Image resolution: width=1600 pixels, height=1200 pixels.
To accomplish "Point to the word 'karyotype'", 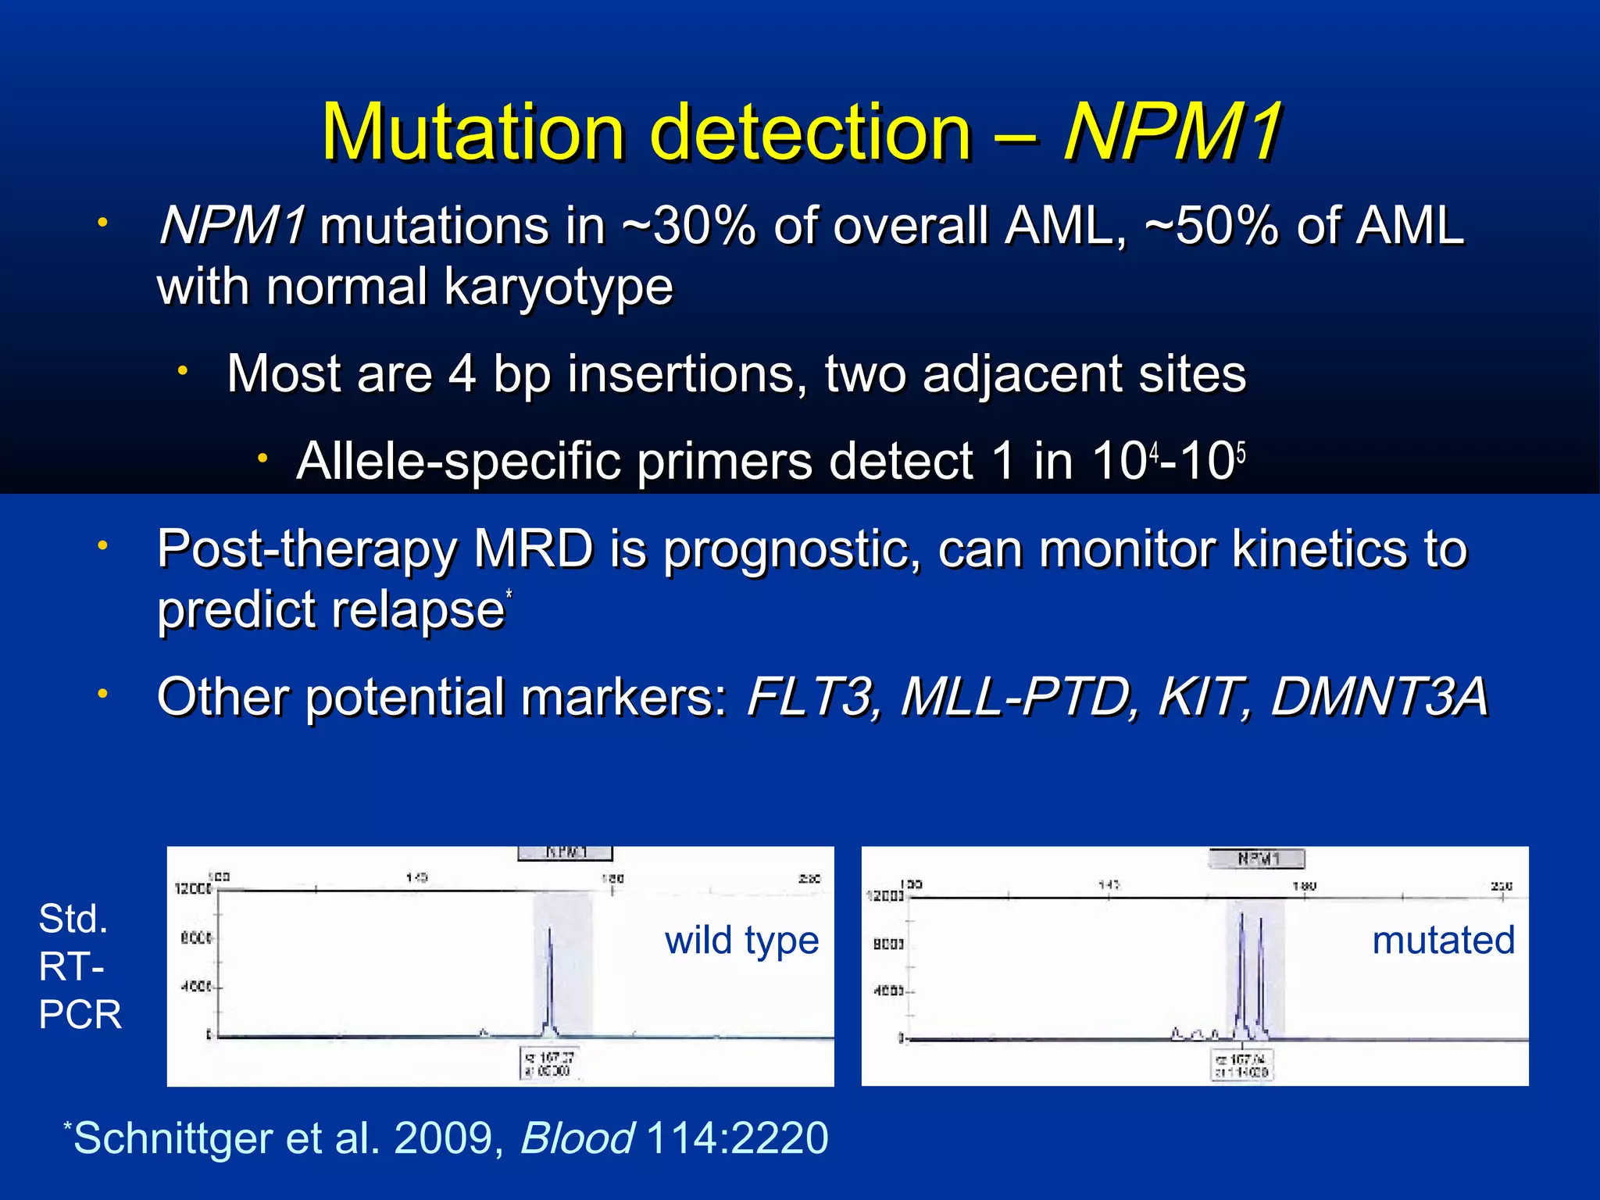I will (x=558, y=287).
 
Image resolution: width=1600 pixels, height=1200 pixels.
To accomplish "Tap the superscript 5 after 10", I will (x=1241, y=452).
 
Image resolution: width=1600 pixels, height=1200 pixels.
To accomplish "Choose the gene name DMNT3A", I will (x=1379, y=696).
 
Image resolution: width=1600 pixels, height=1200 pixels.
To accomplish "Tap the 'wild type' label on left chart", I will (x=741, y=940).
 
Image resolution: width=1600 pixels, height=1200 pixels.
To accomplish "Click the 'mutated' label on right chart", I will (x=1443, y=940).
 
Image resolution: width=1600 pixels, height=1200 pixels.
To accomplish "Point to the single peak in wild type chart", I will (x=550, y=977).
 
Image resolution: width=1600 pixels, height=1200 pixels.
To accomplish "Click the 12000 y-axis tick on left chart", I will (x=192, y=889).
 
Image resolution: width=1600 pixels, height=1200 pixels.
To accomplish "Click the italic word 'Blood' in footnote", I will (x=577, y=1137).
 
